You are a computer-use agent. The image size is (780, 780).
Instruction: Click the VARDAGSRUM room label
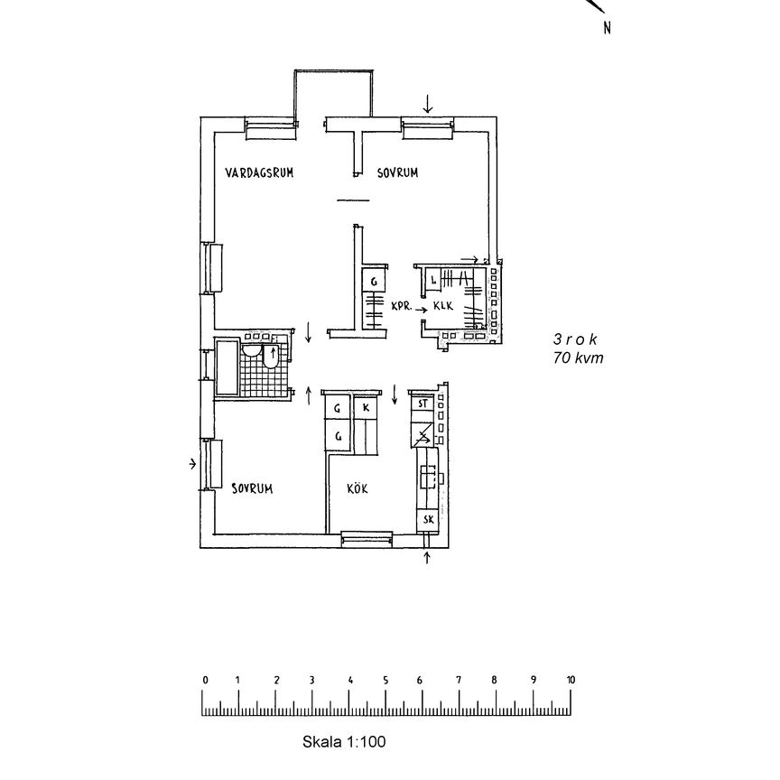259,172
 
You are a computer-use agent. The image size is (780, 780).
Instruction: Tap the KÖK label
357,488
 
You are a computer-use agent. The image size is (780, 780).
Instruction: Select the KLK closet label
443,305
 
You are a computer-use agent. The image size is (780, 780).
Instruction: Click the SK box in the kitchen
428,520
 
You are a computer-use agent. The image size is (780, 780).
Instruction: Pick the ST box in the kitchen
422,404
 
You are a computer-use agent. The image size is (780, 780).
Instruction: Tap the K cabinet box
367,408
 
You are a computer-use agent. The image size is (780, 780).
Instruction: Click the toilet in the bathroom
270,357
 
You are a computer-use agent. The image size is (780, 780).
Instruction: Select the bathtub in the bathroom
227,367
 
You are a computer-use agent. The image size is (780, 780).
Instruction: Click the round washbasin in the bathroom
251,350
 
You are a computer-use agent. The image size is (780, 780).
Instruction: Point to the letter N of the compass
607,28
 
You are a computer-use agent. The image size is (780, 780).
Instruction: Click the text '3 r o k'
575,339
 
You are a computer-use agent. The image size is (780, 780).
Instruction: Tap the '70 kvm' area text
578,357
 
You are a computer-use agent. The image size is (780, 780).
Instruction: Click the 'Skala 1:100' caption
344,742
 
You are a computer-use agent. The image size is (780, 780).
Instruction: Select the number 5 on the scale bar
385,680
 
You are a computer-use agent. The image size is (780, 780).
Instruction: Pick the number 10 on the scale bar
571,680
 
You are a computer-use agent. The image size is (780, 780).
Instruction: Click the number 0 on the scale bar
205,680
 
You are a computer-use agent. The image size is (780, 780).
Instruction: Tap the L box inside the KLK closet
432,280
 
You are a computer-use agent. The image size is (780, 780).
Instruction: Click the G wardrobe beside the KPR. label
374,282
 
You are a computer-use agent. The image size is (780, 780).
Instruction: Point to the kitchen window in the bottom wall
367,539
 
